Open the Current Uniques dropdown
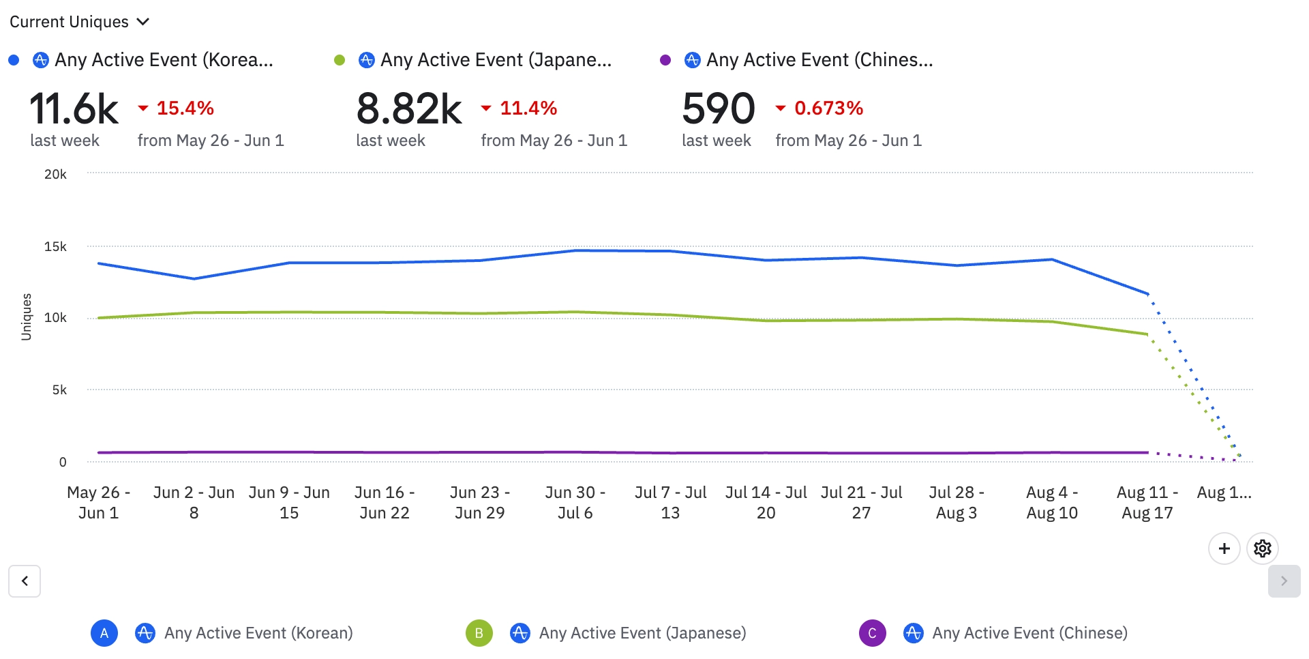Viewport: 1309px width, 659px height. coord(79,22)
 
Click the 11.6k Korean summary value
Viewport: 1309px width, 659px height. coord(74,109)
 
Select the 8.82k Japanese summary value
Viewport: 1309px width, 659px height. coord(409,109)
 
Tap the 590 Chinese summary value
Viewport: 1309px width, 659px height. coord(719,109)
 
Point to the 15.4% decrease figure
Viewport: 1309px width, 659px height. coord(185,108)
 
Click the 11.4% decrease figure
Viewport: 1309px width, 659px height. coord(528,108)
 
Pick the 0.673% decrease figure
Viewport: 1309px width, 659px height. coord(828,108)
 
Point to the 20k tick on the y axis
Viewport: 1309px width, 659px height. coord(55,175)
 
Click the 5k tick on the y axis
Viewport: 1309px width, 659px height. coord(59,390)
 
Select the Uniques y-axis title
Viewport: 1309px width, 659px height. coord(27,317)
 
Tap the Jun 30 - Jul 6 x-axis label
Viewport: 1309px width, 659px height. coord(575,503)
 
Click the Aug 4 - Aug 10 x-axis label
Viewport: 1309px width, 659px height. coord(1052,503)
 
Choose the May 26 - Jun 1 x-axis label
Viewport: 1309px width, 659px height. coord(98,503)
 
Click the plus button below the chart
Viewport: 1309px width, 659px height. coord(1224,548)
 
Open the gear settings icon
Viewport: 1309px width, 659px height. coord(1263,548)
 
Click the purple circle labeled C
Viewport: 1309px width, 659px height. coord(872,633)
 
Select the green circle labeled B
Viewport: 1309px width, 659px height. coord(479,633)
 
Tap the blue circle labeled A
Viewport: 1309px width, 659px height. coord(104,633)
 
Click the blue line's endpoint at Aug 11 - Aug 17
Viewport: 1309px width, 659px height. coord(1148,294)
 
